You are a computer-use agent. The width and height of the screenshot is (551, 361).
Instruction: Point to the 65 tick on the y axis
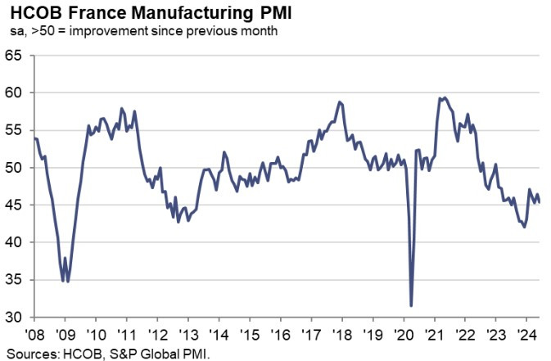(15, 56)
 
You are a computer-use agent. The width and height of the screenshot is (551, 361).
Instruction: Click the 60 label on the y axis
(15, 93)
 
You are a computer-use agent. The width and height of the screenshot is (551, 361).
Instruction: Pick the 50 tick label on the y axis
(15, 168)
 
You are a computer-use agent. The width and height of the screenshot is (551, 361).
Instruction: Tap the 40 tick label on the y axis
(15, 242)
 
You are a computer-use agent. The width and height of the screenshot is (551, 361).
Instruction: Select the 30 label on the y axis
(15, 317)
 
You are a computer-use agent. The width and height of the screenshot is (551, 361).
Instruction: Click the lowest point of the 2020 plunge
(410, 305)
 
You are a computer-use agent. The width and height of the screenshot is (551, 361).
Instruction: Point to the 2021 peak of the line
(443, 97)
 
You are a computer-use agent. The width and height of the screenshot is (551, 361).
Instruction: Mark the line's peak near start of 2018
(339, 102)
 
